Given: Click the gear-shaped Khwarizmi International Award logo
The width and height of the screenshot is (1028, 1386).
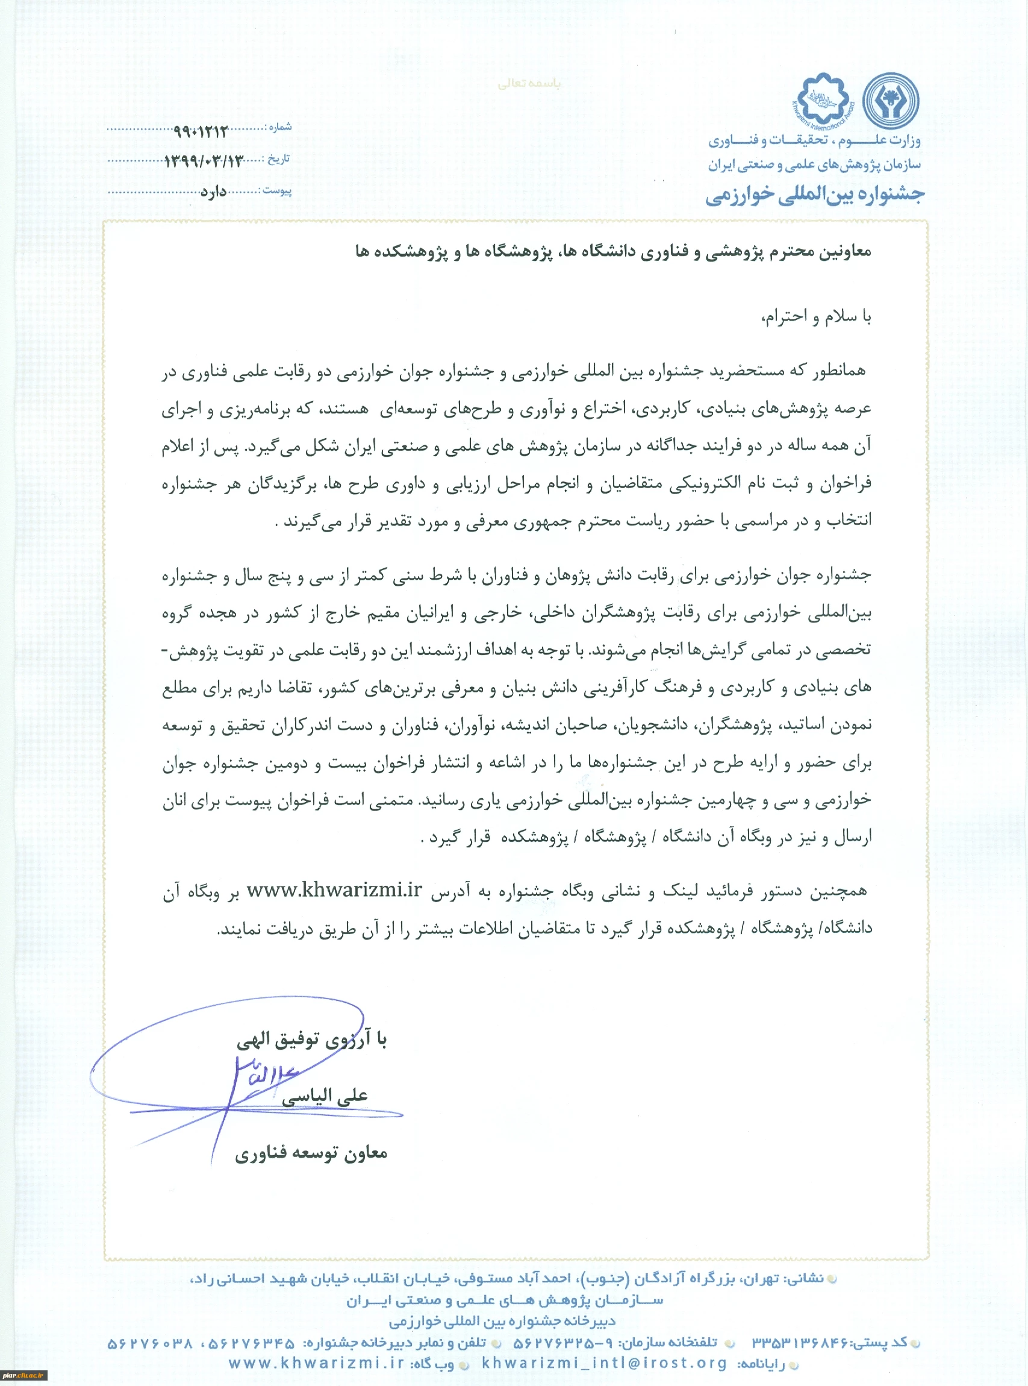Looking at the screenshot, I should (x=823, y=99).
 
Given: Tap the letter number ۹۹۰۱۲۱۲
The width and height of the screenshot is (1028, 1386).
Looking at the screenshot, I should (x=201, y=131).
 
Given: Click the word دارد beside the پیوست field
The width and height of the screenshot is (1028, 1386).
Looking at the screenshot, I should (x=213, y=192).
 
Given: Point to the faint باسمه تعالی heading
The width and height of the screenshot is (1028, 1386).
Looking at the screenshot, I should (x=529, y=83).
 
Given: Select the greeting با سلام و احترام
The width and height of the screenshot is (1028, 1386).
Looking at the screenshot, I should (x=817, y=317).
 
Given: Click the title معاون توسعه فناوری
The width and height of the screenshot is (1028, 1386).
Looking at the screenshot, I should (x=311, y=1153).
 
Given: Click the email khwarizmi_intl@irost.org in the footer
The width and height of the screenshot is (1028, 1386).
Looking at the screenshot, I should (x=603, y=1363).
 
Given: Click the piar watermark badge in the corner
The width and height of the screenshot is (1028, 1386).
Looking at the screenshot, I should (x=23, y=1375).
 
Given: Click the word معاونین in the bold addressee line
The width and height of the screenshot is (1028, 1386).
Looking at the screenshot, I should (x=843, y=251).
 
